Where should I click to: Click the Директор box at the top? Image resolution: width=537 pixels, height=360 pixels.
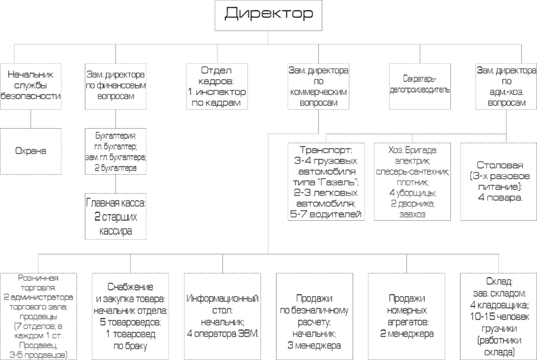268,16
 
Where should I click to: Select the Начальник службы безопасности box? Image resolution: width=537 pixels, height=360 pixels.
31,86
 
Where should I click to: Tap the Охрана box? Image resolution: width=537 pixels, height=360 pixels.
31,150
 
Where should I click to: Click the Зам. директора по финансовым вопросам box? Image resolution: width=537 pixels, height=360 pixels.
115,86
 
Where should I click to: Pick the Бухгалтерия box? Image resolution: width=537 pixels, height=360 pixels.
115,152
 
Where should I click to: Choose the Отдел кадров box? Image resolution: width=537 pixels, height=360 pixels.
216,86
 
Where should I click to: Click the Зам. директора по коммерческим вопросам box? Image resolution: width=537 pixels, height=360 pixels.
318,86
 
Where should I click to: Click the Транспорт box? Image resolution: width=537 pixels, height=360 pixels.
326,182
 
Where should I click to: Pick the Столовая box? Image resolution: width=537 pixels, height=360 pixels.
497,182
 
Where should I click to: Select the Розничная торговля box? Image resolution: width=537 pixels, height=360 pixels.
38,316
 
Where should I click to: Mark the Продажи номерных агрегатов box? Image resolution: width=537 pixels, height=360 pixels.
406,316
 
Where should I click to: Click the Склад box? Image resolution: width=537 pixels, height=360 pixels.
499,316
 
